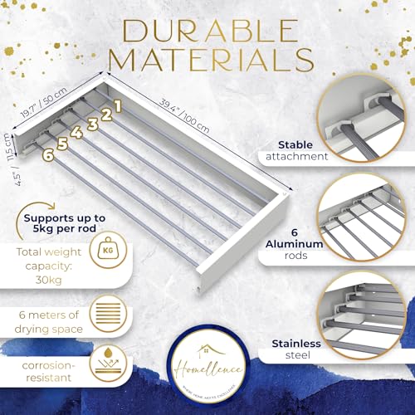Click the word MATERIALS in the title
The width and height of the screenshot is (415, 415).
pyautogui.click(x=207, y=60)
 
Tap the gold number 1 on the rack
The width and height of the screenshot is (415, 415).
pyautogui.click(x=118, y=105)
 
